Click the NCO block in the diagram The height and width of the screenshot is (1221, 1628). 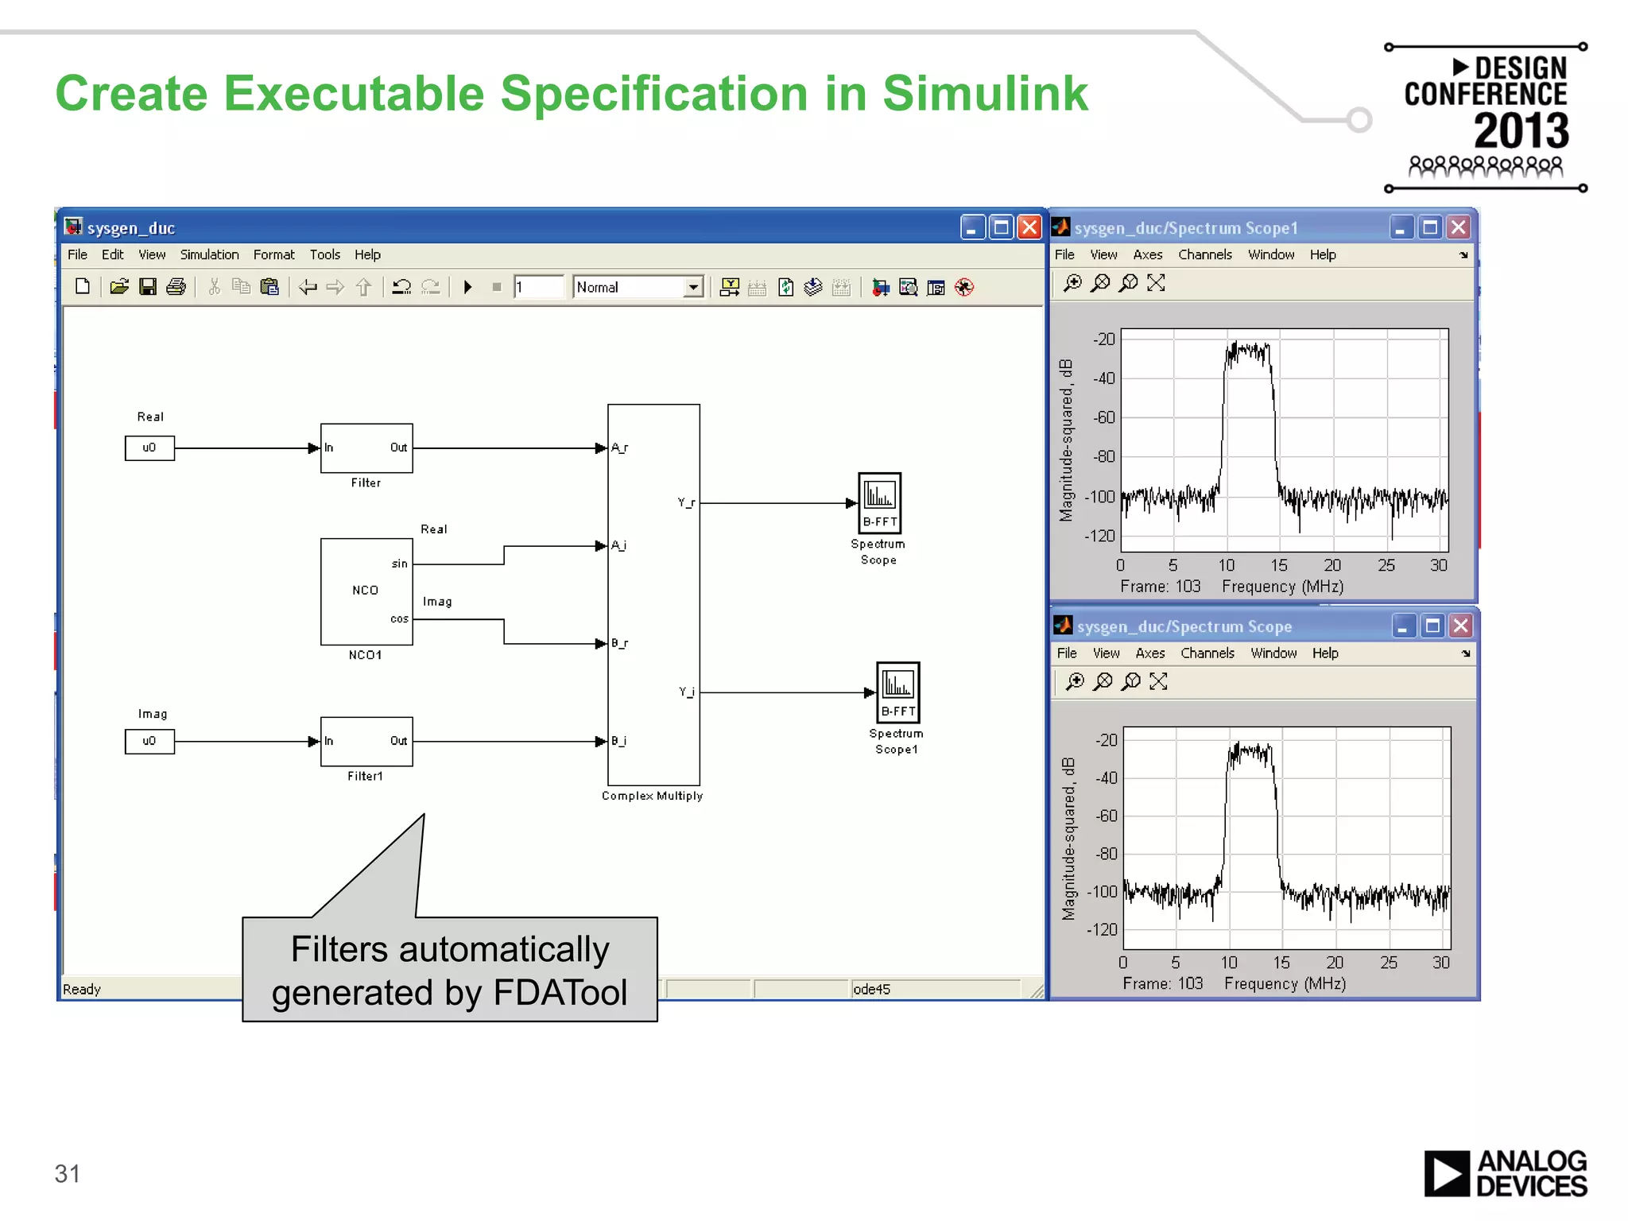[366, 591]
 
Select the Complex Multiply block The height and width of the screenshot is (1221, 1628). [653, 595]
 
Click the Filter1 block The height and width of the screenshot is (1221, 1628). [366, 741]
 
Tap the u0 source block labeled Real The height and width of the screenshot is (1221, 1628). [149, 448]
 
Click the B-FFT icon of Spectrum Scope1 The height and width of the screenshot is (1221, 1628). [897, 692]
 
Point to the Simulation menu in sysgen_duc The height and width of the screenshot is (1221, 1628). [209, 254]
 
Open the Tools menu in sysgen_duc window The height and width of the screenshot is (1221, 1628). [324, 254]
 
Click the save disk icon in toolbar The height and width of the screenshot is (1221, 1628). [148, 287]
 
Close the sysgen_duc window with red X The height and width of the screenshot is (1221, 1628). [1029, 228]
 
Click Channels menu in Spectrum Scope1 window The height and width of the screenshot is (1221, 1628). [1204, 254]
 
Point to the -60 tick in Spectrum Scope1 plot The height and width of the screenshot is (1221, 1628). [1104, 417]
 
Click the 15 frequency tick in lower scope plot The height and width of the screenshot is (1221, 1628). [1281, 963]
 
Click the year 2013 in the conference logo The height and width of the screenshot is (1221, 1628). [1521, 131]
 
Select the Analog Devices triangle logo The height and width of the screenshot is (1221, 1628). [1446, 1173]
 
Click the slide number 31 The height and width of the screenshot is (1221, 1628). [68, 1173]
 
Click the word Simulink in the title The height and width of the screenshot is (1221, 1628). [985, 94]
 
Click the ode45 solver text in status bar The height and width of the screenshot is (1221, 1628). [871, 989]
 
